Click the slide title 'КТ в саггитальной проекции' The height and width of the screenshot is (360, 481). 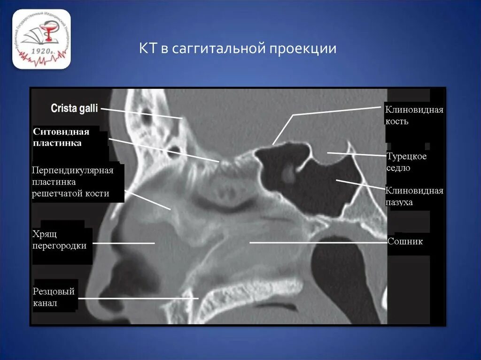point(237,49)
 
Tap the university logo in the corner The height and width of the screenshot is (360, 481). point(41,39)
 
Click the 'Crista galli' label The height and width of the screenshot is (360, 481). point(74,109)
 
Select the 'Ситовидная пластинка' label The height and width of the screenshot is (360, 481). point(61,137)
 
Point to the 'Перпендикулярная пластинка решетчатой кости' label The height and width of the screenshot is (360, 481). point(73,182)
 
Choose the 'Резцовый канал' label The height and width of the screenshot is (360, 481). point(54,297)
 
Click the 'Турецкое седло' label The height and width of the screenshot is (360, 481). point(406,162)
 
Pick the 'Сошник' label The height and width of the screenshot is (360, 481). point(405,242)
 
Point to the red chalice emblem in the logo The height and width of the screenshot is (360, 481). point(47,35)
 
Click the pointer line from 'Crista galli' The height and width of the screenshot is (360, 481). point(141,113)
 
